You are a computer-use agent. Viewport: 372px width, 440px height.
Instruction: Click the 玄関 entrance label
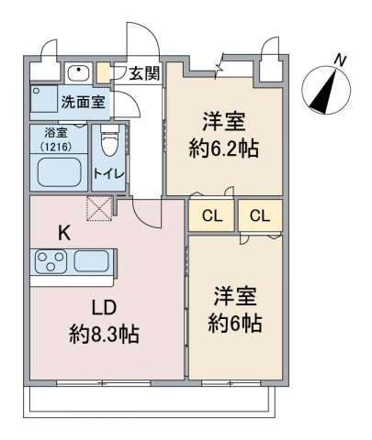point(143,73)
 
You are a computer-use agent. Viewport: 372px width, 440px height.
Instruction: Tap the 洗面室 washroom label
point(82,100)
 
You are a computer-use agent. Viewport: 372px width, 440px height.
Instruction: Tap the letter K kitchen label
point(63,232)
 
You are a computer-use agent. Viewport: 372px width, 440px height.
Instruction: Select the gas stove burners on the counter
point(48,262)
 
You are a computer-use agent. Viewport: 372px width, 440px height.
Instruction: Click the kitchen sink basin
point(93,261)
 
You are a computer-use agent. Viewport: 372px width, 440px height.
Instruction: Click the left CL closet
point(211,216)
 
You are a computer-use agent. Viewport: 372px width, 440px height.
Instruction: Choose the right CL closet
point(259,216)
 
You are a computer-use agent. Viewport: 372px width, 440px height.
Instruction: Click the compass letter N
point(340,60)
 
